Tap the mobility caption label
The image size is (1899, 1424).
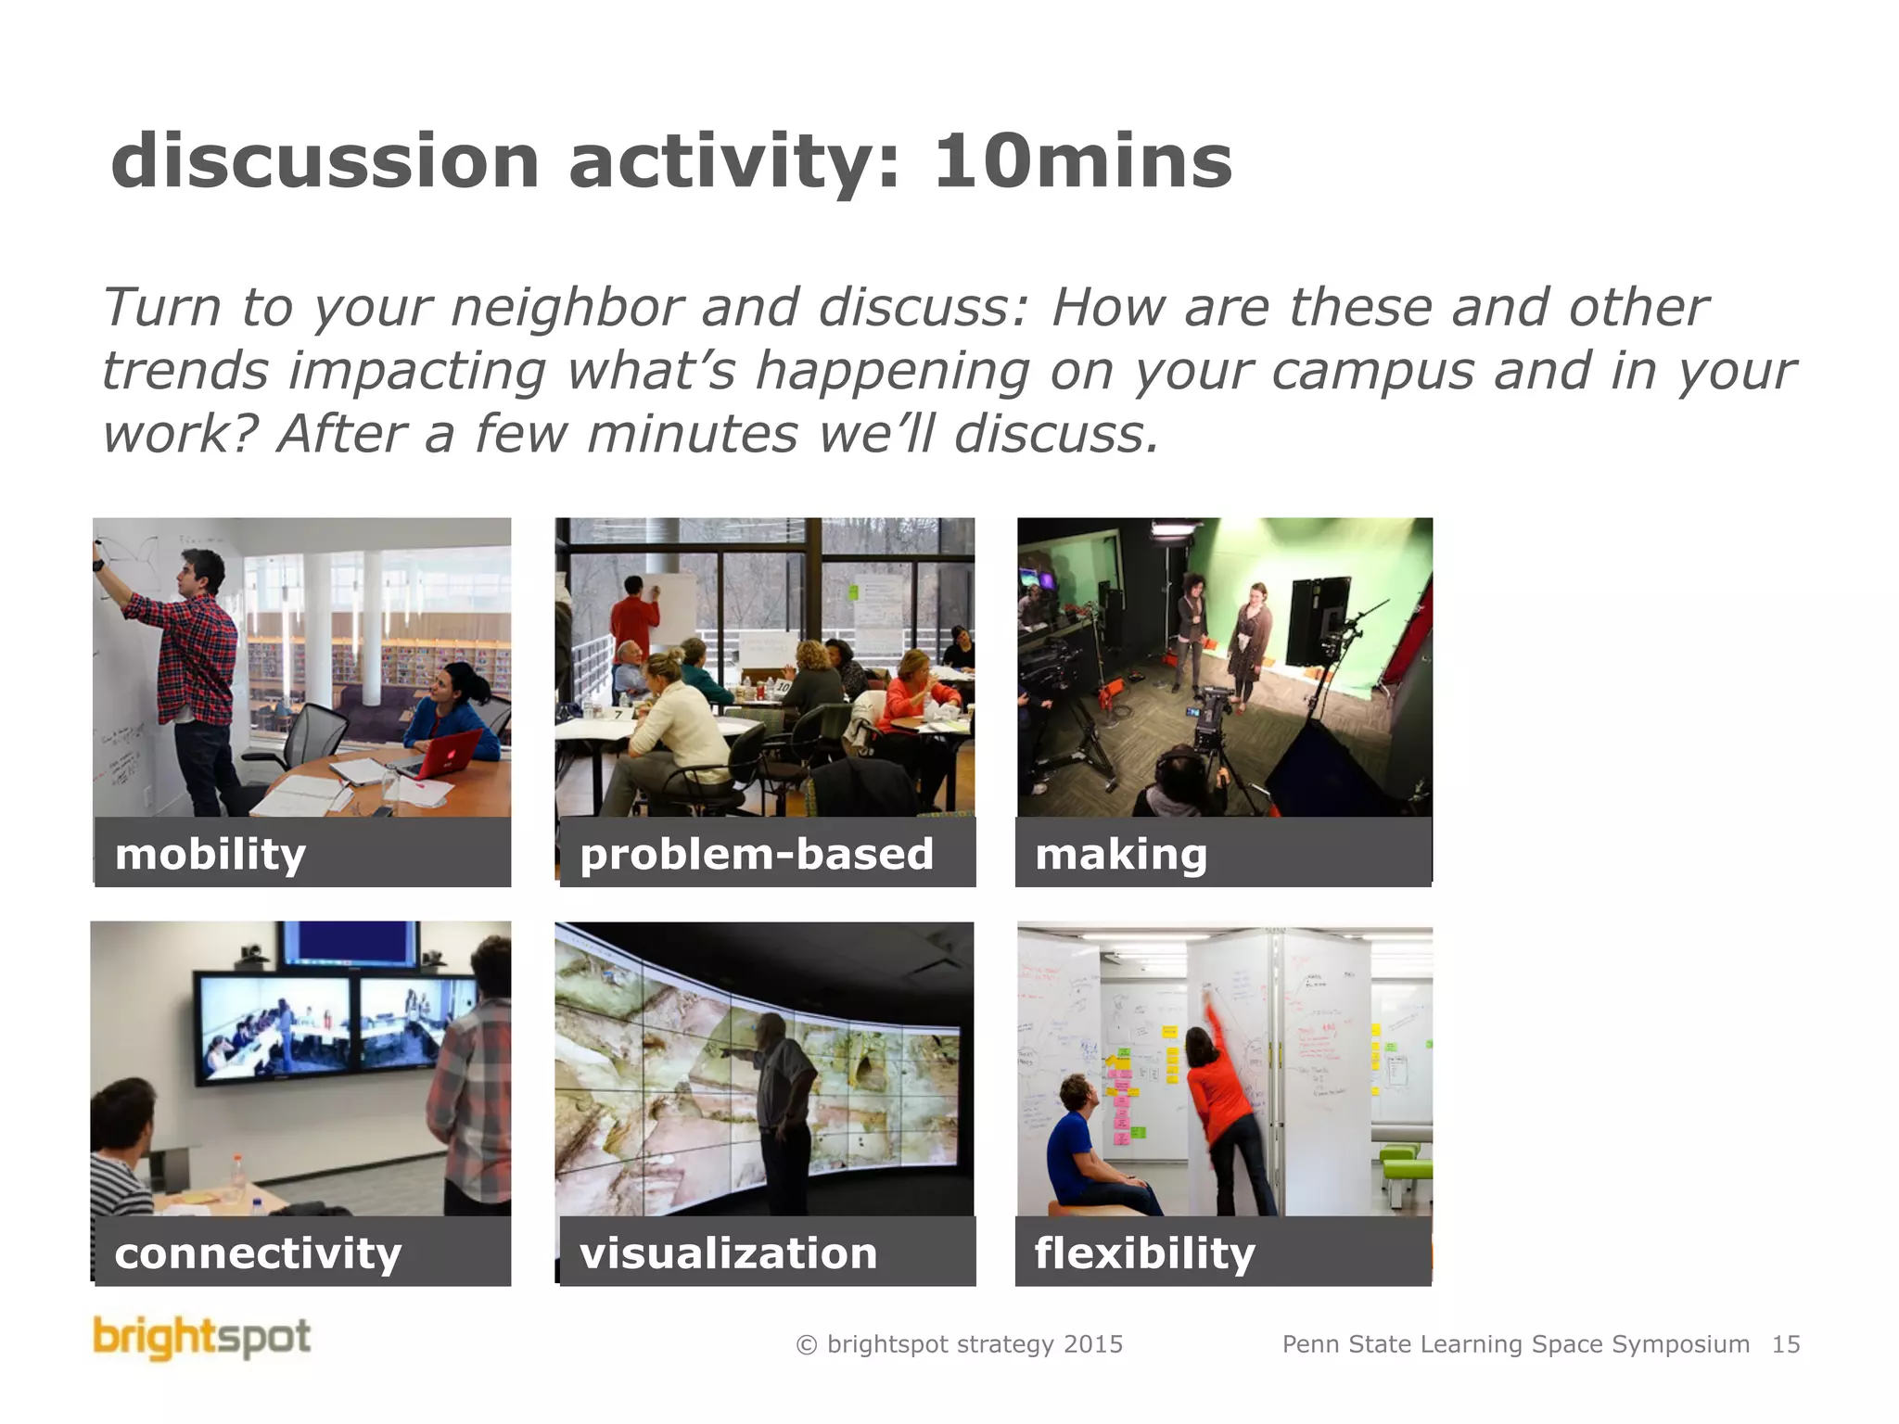click(210, 854)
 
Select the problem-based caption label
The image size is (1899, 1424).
click(756, 854)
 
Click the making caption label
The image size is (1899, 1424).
click(1121, 854)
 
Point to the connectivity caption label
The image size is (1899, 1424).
click(258, 1253)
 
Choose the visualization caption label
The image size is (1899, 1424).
click(728, 1253)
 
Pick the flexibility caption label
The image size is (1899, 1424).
click(1144, 1253)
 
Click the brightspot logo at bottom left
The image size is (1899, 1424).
click(202, 1338)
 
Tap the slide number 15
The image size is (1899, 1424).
click(1786, 1344)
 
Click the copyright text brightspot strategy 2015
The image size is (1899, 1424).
click(960, 1344)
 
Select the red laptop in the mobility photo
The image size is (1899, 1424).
click(451, 753)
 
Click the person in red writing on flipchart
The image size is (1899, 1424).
click(634, 617)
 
